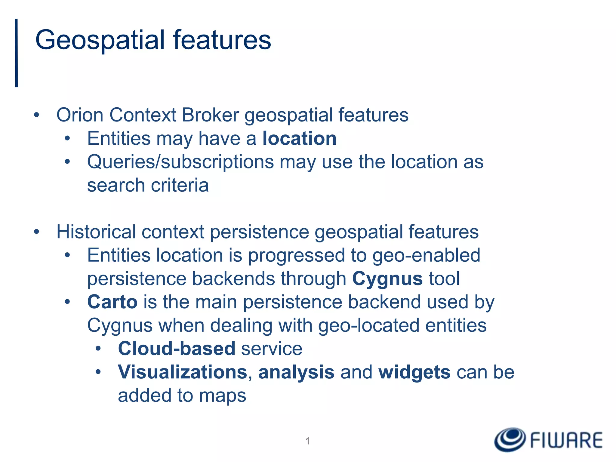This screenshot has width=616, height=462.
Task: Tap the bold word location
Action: coord(299,139)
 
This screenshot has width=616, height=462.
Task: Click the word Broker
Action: coord(210,115)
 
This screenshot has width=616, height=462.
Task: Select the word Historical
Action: coord(96,232)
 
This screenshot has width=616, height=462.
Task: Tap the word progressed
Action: coord(296,256)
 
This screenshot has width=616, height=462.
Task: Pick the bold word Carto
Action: coord(112,302)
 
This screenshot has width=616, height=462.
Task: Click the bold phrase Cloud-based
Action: coord(177,349)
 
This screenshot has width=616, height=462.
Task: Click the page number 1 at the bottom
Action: coord(308,441)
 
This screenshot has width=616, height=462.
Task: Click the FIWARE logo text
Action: coord(566,441)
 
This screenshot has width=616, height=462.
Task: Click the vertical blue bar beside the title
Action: coord(17,53)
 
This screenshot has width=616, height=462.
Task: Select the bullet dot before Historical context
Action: coord(37,232)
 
